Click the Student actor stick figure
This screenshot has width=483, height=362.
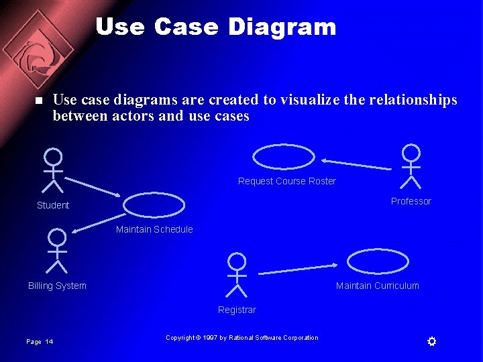[53, 170]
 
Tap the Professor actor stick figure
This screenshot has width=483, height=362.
[411, 166]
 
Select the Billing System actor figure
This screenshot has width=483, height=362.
[58, 251]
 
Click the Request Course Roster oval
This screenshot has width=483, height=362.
[284, 157]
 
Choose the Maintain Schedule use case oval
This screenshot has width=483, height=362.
[154, 205]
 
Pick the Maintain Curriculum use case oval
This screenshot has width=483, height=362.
[378, 261]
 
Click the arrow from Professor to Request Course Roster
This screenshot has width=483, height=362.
[355, 164]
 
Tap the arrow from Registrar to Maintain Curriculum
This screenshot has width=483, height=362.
[297, 269]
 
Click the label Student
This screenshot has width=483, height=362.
[53, 205]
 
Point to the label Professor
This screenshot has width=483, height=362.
[411, 201]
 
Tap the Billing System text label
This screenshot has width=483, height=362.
[57, 286]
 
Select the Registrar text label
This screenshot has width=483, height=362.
[237, 310]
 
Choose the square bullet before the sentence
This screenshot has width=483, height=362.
[38, 101]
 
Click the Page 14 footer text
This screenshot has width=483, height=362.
[40, 342]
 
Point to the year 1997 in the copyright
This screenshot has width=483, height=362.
[210, 338]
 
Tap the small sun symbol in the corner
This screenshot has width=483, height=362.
[432, 342]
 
